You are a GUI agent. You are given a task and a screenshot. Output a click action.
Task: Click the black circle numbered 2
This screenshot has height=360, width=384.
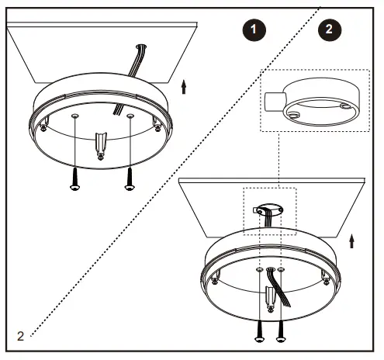click(330, 30)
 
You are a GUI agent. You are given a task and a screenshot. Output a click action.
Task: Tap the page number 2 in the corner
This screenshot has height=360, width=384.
click(19, 335)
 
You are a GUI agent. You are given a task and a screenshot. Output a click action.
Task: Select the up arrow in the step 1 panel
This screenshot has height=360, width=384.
click(183, 85)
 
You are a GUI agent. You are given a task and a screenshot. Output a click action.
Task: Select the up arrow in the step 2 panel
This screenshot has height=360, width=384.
click(353, 241)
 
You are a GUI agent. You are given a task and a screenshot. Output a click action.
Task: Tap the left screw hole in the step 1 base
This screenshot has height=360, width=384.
click(74, 116)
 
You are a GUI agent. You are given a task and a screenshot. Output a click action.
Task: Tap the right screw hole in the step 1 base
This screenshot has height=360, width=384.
click(130, 116)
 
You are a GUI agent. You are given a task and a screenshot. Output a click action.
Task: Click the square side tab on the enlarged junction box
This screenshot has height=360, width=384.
click(272, 101)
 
